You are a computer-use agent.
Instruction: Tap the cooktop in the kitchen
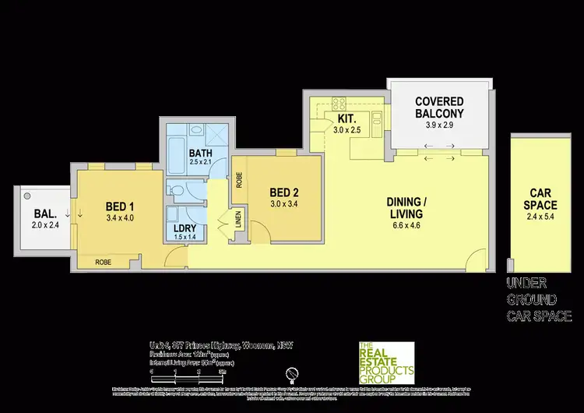(340, 102)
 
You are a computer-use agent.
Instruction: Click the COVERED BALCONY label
(439, 108)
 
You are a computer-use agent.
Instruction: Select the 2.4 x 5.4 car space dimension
(537, 219)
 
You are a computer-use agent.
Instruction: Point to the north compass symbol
(291, 372)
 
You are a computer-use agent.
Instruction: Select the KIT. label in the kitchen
(346, 119)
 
